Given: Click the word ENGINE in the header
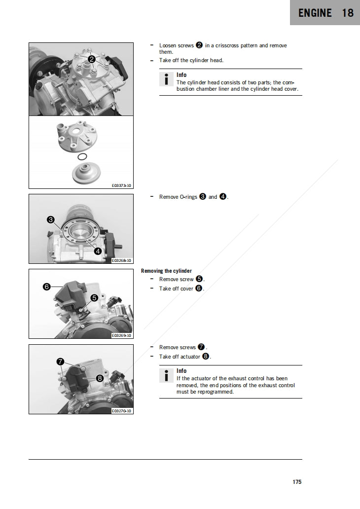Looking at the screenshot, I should click(x=315, y=13).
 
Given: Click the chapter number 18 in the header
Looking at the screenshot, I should click(x=348, y=13).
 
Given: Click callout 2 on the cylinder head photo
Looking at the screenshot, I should click(x=92, y=60).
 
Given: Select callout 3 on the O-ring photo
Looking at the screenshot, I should click(x=50, y=219).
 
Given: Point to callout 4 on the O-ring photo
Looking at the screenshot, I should click(x=98, y=251).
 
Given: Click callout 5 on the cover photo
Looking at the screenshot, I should click(x=94, y=297).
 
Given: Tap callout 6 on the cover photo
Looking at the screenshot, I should click(x=46, y=287).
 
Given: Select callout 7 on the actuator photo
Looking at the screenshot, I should click(x=60, y=362).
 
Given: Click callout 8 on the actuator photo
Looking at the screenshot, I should click(x=100, y=378).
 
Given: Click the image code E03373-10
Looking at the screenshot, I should click(x=122, y=185).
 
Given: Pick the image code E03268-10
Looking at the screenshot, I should click(x=122, y=260).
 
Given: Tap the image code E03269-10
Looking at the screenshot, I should click(x=122, y=335).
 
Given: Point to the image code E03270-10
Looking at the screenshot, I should click(x=122, y=410).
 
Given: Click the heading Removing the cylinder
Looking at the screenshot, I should click(x=166, y=271).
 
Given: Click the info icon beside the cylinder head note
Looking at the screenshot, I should click(x=167, y=79).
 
